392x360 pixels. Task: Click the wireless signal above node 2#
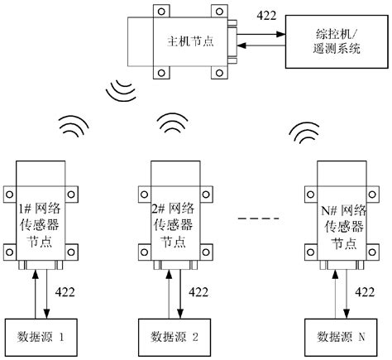[x=174, y=123]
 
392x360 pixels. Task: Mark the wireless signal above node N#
[x=303, y=132]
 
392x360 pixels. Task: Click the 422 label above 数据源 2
[x=198, y=291]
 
